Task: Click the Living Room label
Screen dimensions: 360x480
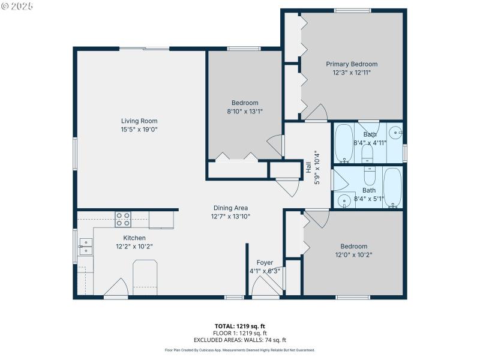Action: pos(139,121)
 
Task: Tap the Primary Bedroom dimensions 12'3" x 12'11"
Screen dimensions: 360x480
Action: pos(352,73)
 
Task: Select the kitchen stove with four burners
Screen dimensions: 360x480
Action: pos(123,219)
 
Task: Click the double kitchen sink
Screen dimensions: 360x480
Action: pos(86,246)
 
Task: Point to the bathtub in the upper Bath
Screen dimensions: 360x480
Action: pos(344,143)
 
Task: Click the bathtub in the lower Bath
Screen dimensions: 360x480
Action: pos(392,187)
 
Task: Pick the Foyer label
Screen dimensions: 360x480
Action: pos(265,263)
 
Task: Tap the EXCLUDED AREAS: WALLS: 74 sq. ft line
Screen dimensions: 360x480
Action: pos(240,340)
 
